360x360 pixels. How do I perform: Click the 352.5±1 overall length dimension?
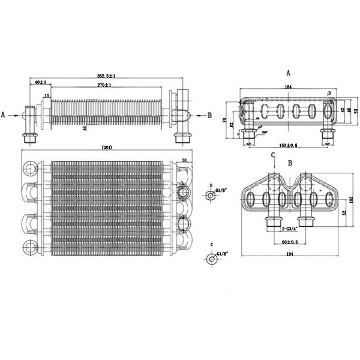click(x=106, y=76)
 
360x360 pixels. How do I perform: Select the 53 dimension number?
click(x=355, y=111)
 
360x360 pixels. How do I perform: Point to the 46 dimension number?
click(x=348, y=111)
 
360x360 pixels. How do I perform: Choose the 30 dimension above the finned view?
click(x=184, y=160)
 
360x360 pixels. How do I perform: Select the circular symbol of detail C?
click(x=211, y=259)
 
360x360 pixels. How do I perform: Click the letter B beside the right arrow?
click(x=209, y=114)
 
